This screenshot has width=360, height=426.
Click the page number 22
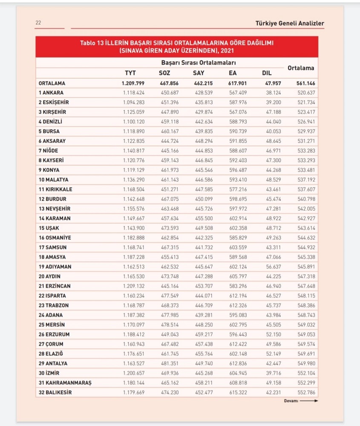point(38,23)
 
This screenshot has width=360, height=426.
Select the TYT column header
point(130,73)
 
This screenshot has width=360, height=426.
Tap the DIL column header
point(267,73)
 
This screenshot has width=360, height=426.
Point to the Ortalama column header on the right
point(301,68)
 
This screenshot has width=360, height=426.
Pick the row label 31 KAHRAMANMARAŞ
point(65,383)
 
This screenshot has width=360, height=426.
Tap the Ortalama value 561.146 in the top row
point(305,83)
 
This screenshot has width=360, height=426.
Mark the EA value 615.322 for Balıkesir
point(237,392)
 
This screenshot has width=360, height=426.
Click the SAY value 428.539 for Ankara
point(203,92)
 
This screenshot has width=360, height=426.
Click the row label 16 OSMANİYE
point(55,237)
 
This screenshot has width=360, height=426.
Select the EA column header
point(233,73)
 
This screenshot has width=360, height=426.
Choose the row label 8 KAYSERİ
point(52,160)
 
